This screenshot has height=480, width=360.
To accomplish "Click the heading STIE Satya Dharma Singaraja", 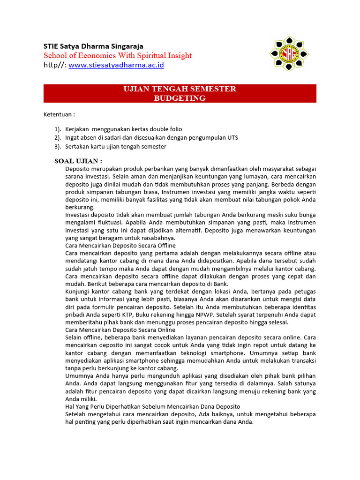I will click(x=93, y=46).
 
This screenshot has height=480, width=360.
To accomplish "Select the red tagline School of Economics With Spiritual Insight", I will click(x=118, y=55).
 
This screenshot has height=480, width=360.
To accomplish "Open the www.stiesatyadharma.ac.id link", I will click(x=116, y=65).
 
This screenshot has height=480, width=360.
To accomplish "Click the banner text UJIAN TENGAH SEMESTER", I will click(x=180, y=89).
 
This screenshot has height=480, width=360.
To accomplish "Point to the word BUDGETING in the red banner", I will click(x=180, y=98).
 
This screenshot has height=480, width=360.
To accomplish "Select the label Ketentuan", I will click(x=59, y=114).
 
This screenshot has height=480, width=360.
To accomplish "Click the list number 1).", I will click(x=58, y=129).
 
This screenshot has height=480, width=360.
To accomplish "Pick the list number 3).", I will click(x=58, y=146).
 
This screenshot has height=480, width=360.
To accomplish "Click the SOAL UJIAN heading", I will click(x=78, y=161).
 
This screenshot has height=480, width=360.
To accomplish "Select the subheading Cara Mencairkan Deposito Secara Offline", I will click(x=120, y=245).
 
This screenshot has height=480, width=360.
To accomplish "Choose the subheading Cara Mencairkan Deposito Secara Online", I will click(x=120, y=330).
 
